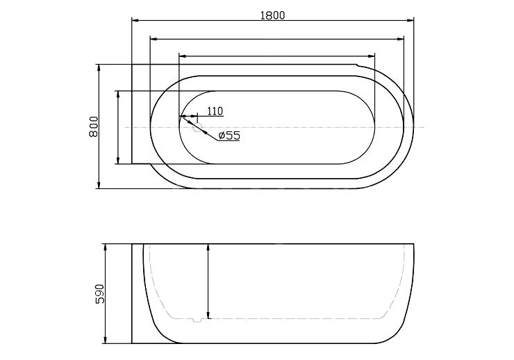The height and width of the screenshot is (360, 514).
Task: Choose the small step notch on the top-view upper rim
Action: click(356, 67)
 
